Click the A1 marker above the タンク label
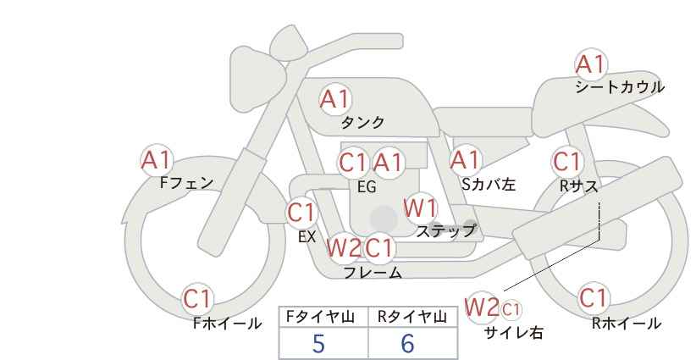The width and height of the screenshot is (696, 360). pos(335,99)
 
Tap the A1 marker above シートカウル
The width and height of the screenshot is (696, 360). pos(591,64)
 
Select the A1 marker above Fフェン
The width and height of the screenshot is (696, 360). pos(157,160)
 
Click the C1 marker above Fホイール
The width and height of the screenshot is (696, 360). pos(197,299)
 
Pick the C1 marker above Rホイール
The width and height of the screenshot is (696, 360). pos(594,298)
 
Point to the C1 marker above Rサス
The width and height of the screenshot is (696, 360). pos(567,162)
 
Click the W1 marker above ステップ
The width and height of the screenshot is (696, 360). pos(420,208)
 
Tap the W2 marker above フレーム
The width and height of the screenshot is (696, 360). pos(344,247)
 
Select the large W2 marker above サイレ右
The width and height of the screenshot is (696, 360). pos(482,307)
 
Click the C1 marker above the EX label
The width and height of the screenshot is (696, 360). pos(301,213)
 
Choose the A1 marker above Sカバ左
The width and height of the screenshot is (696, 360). pos(466,160)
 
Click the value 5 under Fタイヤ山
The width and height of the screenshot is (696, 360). pos(318,343)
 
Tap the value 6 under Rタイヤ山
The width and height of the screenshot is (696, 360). pos(407,343)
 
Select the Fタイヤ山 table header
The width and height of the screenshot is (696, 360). pos(321,317)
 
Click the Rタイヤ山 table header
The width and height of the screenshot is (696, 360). pos(412,317)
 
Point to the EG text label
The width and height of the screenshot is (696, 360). pos(367,187)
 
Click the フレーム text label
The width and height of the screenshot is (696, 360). pos(373,272)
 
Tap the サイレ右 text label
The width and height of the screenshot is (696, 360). pos(514,333)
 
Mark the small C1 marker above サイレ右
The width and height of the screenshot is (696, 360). pos(511,309)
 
